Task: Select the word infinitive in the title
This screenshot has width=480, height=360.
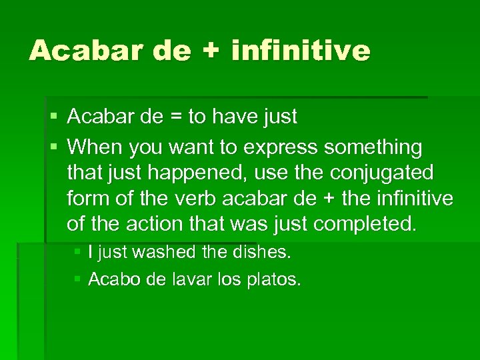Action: pyautogui.click(x=300, y=51)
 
